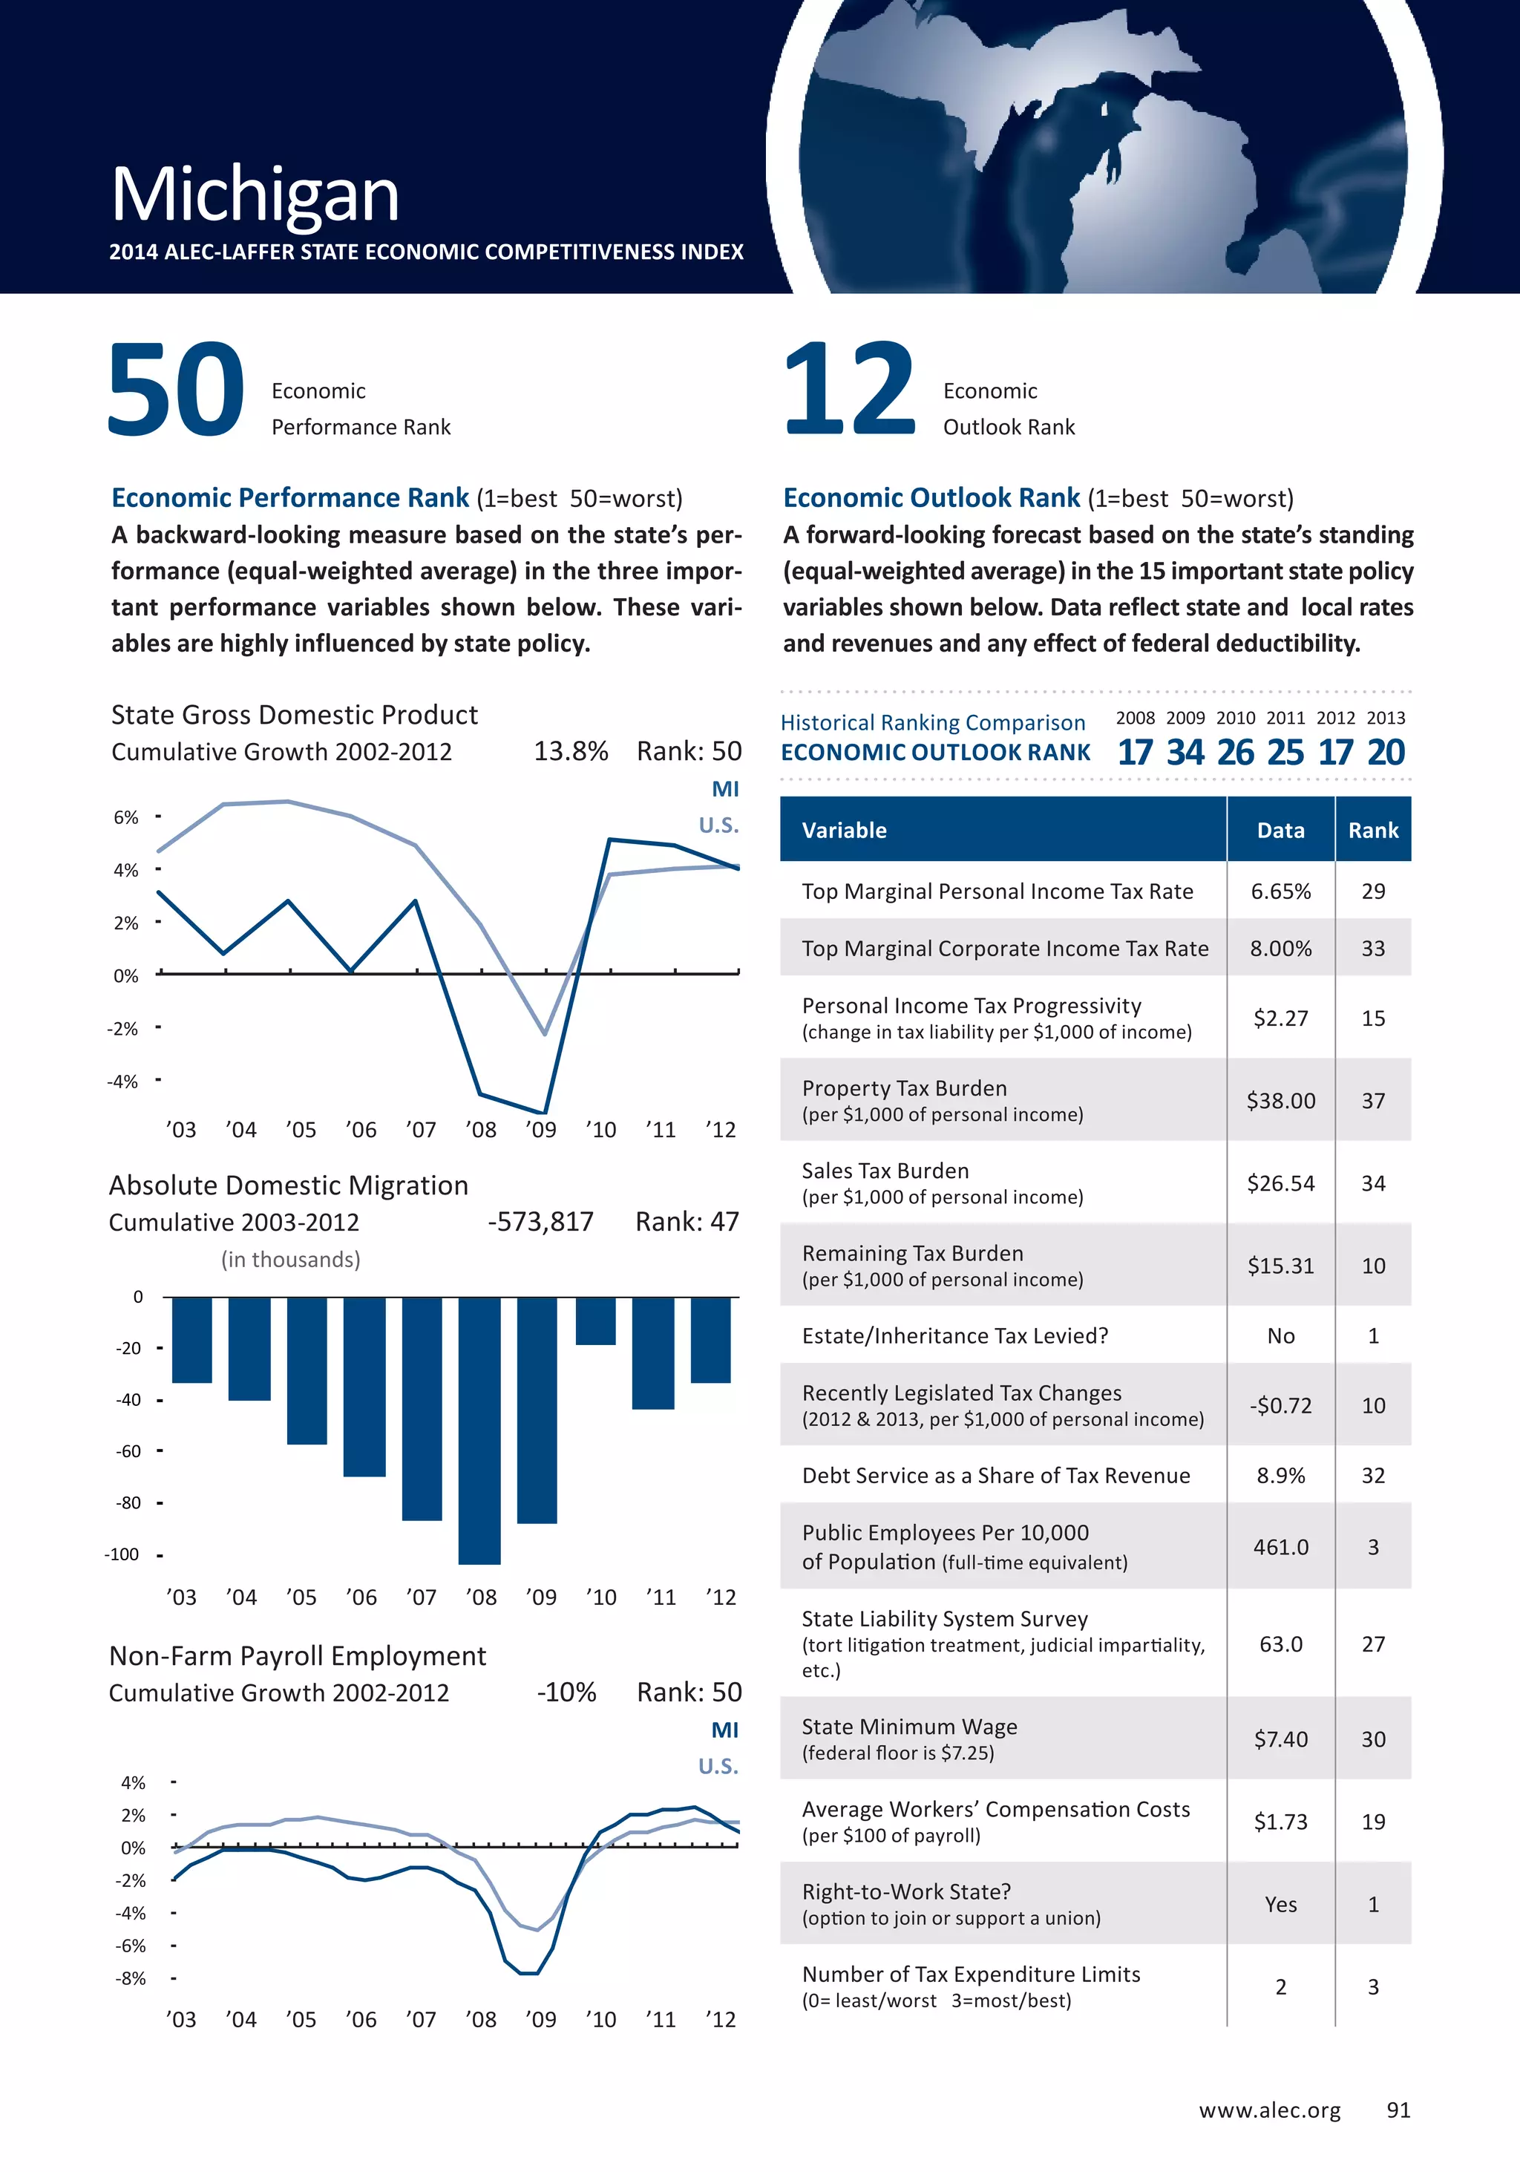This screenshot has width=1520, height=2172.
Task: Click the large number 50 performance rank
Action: [176, 390]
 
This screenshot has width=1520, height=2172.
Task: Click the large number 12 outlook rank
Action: [848, 390]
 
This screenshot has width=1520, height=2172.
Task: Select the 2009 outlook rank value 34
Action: [1185, 753]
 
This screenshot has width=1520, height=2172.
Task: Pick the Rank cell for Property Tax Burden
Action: [1372, 1101]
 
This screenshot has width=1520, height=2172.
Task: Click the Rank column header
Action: [1372, 831]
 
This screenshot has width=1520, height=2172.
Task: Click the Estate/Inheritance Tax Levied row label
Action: [954, 1335]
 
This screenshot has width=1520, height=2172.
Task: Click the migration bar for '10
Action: [596, 1321]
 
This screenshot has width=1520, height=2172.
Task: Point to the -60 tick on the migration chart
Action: [128, 1451]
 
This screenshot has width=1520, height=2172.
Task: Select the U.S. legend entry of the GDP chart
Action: [718, 825]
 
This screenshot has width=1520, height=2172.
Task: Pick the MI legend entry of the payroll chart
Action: [724, 1730]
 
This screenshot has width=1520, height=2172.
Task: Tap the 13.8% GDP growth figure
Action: [570, 752]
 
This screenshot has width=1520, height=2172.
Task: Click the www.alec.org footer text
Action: [1269, 2110]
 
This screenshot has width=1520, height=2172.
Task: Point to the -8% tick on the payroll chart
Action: [131, 1978]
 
